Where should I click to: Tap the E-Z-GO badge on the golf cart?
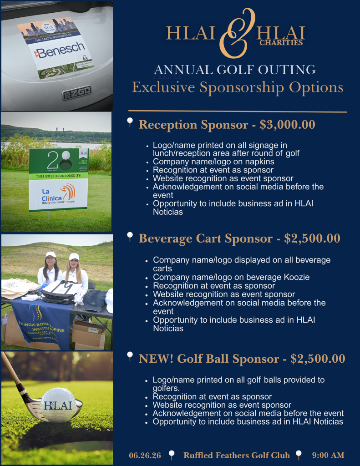point(76,93)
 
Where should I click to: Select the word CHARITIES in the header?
point(281,43)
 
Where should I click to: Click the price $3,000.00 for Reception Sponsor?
point(287,125)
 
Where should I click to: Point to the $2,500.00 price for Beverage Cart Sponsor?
point(312,238)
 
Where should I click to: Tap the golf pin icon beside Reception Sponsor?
point(130,122)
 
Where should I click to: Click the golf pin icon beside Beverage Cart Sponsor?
point(130,237)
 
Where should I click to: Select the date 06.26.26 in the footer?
point(145,455)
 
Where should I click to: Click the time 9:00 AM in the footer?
point(328,455)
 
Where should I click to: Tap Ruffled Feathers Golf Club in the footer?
point(236,455)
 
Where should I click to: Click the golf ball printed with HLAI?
point(58,405)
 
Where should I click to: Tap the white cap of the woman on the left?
point(51,255)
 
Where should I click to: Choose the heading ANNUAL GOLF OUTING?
point(235,70)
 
